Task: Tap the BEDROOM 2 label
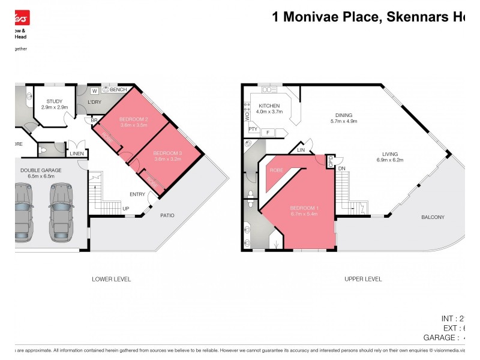click(134, 118)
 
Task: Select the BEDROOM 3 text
click(167, 152)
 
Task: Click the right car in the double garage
click(61, 207)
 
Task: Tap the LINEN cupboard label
click(77, 154)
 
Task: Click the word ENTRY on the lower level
click(137, 194)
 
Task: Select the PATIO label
click(167, 215)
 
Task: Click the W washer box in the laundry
click(94, 91)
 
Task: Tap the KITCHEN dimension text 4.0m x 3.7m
click(269, 112)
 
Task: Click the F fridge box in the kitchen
click(268, 132)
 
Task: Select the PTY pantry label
click(252, 129)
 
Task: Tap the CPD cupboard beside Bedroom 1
click(329, 161)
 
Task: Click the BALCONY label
click(433, 217)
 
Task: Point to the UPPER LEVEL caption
click(363, 279)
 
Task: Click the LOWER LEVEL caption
click(111, 279)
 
